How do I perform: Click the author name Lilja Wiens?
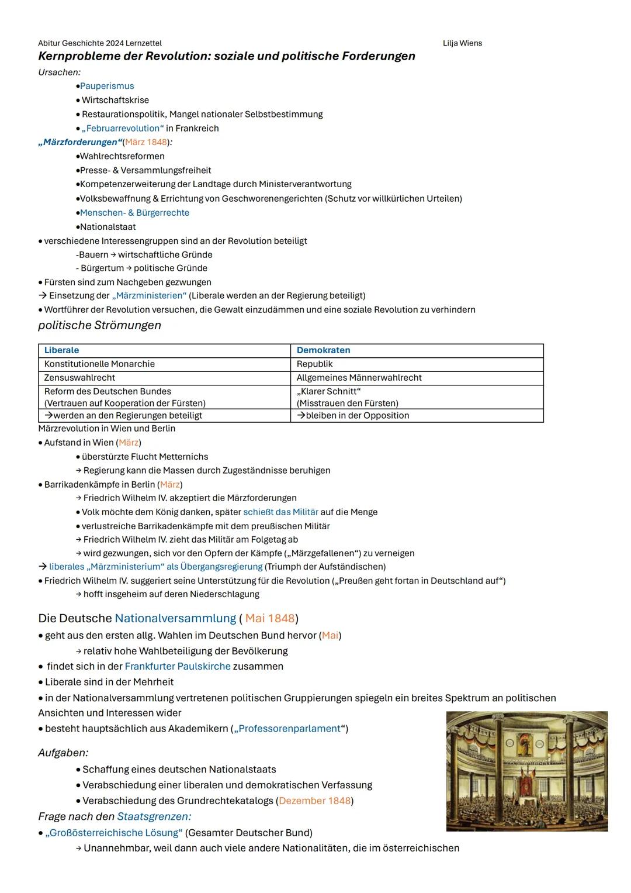462,43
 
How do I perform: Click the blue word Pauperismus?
107,86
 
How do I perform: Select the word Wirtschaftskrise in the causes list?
115,100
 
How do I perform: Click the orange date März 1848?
146,142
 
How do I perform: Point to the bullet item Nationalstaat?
108,227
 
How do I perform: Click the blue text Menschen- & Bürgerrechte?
134,213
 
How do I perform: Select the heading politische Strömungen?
99,325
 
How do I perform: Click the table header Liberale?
61,350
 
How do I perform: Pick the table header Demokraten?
323,350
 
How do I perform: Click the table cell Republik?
314,364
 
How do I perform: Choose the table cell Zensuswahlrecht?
79,378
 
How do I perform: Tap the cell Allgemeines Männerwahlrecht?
359,378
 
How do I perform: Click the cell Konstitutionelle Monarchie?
99,364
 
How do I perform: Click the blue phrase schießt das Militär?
280,512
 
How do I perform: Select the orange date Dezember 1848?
315,801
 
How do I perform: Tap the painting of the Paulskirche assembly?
526,771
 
